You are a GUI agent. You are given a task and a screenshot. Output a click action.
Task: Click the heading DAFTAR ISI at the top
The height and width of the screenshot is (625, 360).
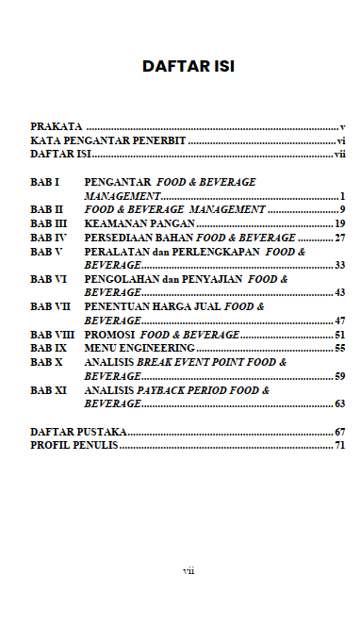point(188,66)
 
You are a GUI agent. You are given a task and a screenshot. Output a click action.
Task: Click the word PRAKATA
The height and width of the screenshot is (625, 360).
point(56,125)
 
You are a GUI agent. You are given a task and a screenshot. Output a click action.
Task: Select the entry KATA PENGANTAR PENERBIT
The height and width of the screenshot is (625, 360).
point(107,139)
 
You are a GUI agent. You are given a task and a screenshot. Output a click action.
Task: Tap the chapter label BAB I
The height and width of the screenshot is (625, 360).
point(44,181)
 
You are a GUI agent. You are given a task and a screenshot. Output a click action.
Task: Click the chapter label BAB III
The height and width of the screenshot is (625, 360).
point(48,223)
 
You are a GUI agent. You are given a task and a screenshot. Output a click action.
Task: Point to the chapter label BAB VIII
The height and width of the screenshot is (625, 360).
point(51,334)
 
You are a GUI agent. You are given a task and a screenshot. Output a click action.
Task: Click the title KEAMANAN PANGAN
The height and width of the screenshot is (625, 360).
point(139,223)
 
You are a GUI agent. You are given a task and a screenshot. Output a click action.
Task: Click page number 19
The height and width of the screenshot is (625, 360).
point(340,223)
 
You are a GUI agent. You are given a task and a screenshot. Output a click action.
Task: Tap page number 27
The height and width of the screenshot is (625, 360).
point(340,238)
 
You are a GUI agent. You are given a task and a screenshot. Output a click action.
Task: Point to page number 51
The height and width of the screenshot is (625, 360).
point(340,334)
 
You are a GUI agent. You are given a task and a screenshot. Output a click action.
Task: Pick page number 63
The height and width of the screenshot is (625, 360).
point(340,403)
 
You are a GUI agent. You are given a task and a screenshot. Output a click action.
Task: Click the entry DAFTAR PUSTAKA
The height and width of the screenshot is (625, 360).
point(79,431)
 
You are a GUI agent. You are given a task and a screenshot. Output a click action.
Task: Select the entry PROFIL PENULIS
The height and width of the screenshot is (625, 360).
point(74,445)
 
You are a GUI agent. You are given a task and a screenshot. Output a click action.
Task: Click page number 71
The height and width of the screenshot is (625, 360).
point(340,445)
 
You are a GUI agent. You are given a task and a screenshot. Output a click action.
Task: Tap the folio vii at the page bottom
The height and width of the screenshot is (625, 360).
point(188,571)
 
